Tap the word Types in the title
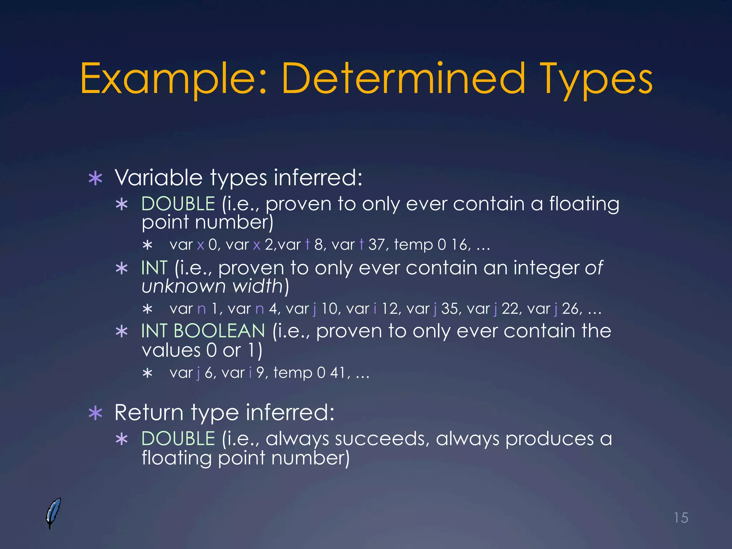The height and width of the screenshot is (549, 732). pos(596,79)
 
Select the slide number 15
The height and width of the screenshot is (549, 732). pos(681,518)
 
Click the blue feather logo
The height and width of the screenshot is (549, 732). pos(53,513)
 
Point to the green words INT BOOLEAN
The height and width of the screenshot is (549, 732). pos(203,331)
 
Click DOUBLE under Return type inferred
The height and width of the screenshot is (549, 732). pos(178,439)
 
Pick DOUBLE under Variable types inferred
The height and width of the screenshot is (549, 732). pos(178,204)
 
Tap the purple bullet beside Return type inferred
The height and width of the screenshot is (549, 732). pos(95,414)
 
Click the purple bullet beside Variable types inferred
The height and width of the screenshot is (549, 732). pos(95,178)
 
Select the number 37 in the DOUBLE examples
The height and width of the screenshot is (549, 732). pos(376,245)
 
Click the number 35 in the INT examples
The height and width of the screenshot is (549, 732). pos(449,309)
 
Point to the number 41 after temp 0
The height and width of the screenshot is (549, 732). pos(337,373)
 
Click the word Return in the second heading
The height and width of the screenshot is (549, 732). pos(149,413)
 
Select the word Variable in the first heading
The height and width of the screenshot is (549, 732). pos(158,178)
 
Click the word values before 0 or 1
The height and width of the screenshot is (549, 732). pos(171,350)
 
